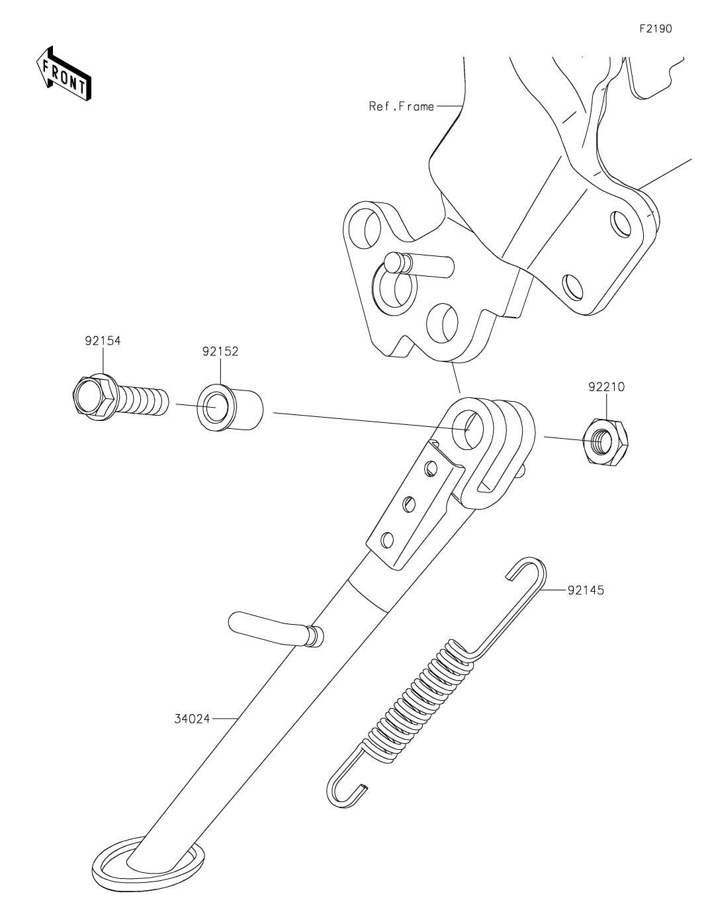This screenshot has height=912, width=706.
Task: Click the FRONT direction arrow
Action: (x=63, y=73)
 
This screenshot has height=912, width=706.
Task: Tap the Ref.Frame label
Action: (x=401, y=106)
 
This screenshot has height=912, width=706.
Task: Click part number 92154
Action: (x=103, y=341)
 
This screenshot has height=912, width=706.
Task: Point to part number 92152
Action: (x=220, y=351)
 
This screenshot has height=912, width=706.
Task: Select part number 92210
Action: (x=605, y=386)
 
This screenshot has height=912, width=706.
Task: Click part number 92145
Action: (x=586, y=590)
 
